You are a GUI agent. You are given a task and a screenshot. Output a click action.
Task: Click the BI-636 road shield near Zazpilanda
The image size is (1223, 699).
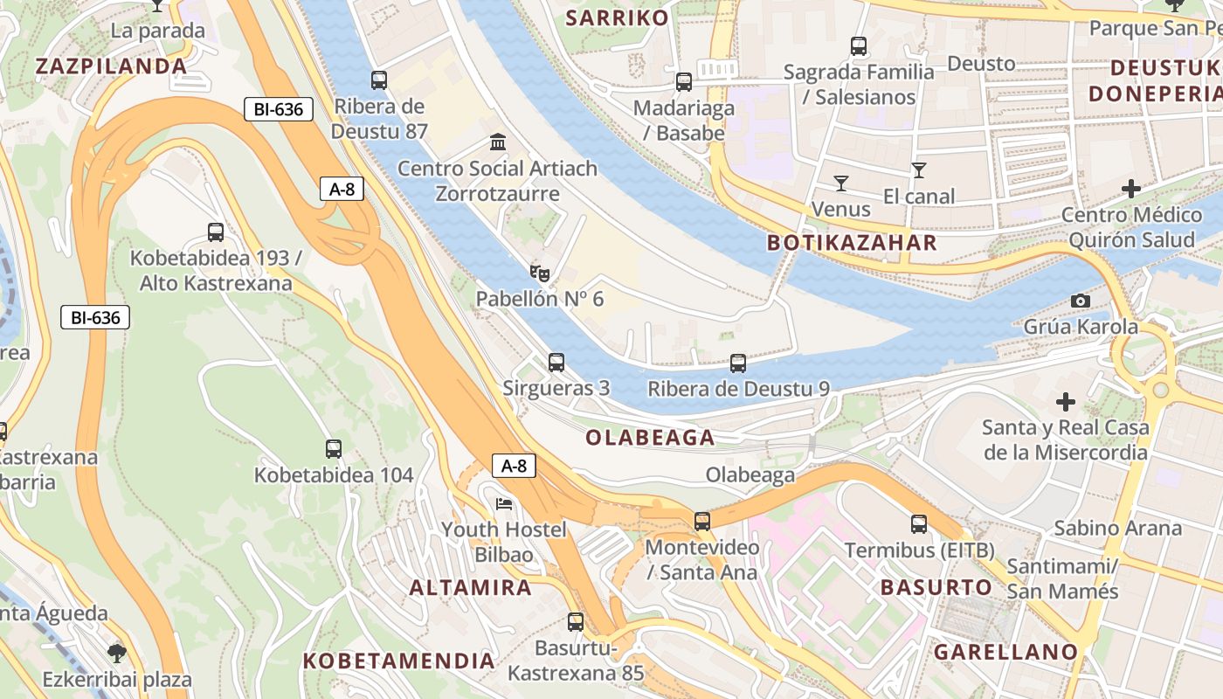click(x=278, y=109)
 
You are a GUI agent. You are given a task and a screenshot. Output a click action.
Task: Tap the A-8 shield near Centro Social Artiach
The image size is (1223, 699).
click(x=341, y=189)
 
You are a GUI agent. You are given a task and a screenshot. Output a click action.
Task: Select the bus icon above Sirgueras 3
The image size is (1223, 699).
click(x=556, y=362)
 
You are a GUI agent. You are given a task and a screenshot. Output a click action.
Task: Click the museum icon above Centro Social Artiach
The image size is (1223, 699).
click(x=498, y=142)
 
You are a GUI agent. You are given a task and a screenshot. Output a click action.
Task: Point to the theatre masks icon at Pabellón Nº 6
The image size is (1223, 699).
click(x=540, y=274)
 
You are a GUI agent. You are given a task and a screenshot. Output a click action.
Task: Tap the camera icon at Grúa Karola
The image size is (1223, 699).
click(x=1081, y=301)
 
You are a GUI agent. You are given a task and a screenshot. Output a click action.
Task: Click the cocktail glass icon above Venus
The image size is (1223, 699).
click(x=840, y=183)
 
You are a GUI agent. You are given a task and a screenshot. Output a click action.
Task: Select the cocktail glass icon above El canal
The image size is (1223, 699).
click(x=918, y=170)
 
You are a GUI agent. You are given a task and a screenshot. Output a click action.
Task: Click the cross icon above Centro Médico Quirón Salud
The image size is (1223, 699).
click(x=1131, y=189)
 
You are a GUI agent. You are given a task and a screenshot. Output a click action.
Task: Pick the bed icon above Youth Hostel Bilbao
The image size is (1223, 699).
click(x=504, y=504)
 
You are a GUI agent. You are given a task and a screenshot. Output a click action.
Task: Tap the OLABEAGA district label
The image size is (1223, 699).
click(x=650, y=438)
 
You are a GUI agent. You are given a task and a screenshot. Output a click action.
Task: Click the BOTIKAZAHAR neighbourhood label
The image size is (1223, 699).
click(x=852, y=243)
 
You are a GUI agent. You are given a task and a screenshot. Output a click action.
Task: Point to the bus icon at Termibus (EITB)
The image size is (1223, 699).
click(x=919, y=524)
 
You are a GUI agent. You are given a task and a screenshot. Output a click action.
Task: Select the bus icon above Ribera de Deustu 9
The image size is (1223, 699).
click(x=738, y=363)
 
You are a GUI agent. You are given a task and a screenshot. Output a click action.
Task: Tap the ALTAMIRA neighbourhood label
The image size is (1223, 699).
click(x=471, y=587)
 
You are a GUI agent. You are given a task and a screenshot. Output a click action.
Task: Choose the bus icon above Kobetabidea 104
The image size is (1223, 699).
click(x=334, y=449)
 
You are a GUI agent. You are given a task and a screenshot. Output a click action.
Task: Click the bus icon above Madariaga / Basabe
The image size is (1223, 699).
click(x=684, y=82)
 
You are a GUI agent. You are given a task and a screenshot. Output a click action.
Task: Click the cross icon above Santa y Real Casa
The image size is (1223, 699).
click(x=1066, y=402)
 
